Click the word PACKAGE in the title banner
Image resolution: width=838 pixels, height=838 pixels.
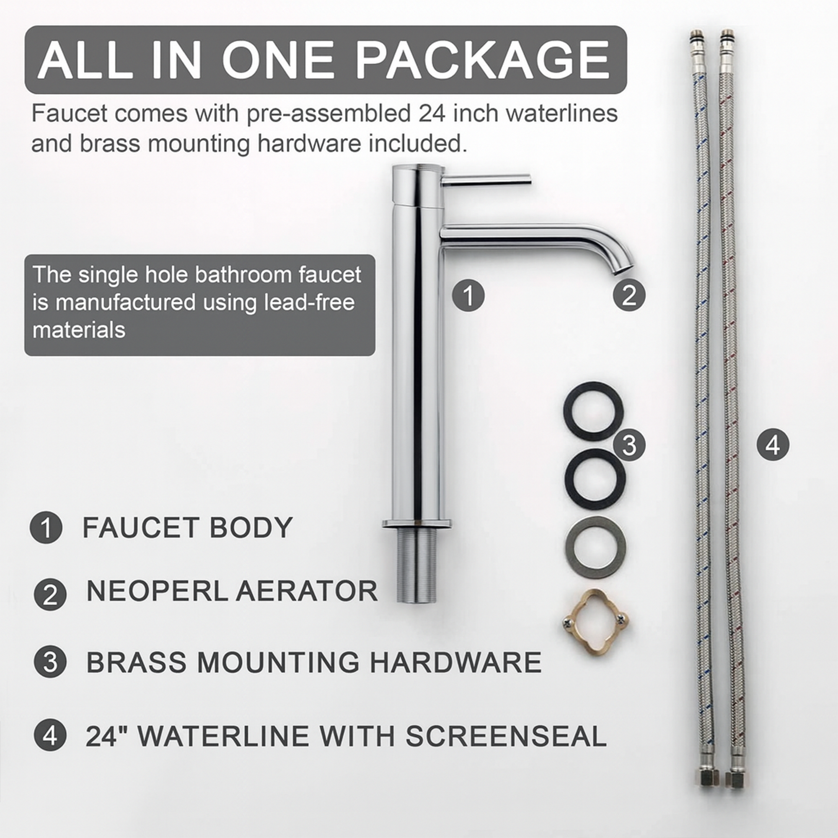pyautogui.click(x=482, y=60)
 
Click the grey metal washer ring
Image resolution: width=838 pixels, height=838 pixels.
pyautogui.click(x=595, y=547)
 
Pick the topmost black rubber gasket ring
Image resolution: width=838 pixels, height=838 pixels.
pyautogui.click(x=593, y=410)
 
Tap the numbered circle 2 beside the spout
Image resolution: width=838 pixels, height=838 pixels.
pyautogui.click(x=628, y=295)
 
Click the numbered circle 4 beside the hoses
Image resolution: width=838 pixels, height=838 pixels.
pyautogui.click(x=773, y=445)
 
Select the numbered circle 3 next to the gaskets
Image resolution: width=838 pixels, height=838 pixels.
pyautogui.click(x=628, y=445)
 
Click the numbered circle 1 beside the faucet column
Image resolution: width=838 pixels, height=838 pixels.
pyautogui.click(x=468, y=295)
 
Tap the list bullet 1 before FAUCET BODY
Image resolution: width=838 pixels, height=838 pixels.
pyautogui.click(x=46, y=528)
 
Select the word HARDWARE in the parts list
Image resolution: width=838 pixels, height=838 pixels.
pyautogui.click(x=455, y=662)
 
